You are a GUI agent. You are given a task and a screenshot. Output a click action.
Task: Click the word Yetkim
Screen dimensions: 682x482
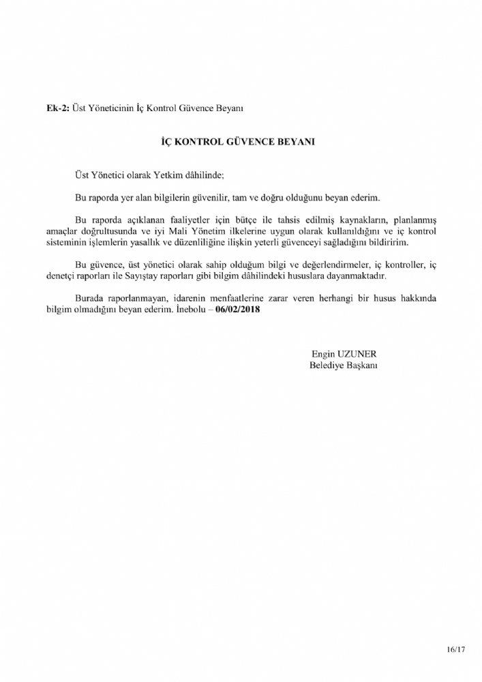pyautogui.click(x=160, y=175)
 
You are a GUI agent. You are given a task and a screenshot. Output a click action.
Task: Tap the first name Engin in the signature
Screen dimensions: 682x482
pyautogui.click(x=323, y=354)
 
